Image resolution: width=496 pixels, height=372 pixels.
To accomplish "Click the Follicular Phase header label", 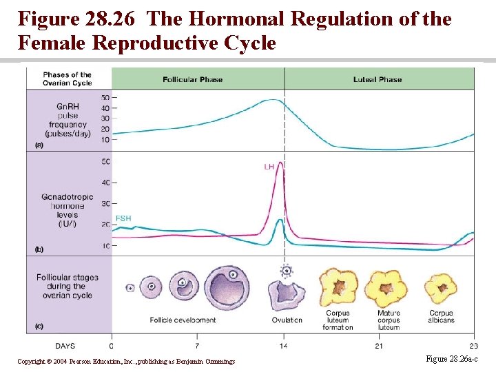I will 192,79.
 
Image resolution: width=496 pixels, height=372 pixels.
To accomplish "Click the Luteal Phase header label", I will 378,79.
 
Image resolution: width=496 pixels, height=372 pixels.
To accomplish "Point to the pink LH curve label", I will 269,167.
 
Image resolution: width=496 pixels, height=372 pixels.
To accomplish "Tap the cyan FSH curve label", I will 123,218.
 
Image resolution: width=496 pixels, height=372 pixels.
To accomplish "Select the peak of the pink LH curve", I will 280,163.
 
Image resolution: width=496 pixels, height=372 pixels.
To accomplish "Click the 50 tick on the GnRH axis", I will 105,97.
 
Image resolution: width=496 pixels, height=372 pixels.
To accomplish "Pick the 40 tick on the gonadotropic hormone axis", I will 105,183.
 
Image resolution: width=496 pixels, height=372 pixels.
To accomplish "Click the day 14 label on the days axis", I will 285,345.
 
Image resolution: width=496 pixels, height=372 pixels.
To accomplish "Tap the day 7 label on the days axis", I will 198,345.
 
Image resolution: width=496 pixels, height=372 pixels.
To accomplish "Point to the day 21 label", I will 380,345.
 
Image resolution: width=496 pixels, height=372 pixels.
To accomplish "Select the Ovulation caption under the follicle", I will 287,320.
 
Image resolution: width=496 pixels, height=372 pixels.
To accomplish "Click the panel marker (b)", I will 39,249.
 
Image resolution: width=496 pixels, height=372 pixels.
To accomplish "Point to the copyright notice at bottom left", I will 126,362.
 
